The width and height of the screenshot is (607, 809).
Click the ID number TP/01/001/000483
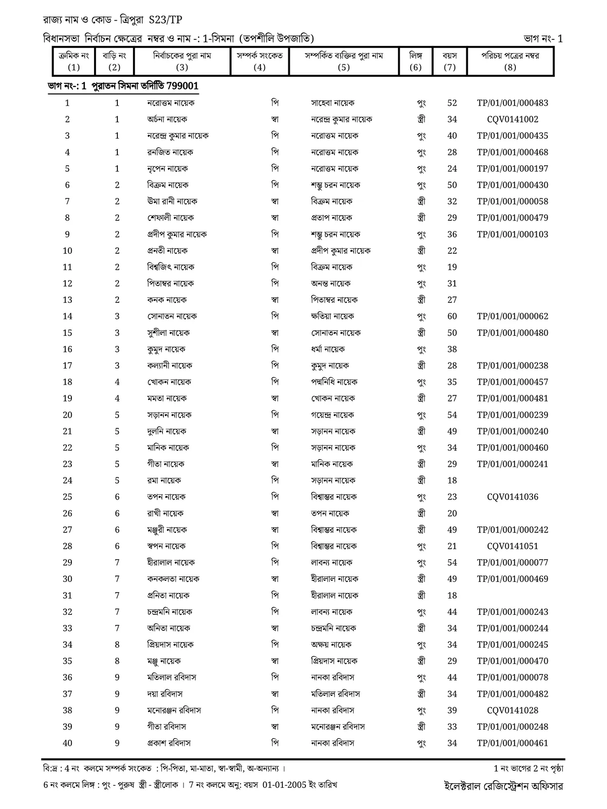pos(512,103)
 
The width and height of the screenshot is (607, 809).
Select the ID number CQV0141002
pos(512,119)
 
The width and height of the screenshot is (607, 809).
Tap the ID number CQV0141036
pos(512,497)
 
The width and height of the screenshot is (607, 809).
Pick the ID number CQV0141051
pos(512,546)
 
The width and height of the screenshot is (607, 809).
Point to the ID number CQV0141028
pos(512,710)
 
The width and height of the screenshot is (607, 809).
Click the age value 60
pos(452,317)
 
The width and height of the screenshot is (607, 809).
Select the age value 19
pos(452,267)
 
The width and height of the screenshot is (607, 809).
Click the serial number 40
pos(67,743)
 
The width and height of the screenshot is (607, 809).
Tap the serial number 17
pos(67,366)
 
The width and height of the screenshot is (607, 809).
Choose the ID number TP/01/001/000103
pos(512,235)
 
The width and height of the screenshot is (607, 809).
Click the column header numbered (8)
pos(510,67)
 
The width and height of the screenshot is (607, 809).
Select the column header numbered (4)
pos(259,67)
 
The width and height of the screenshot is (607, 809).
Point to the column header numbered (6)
pos(415,67)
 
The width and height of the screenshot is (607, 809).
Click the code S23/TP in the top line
pos(165,20)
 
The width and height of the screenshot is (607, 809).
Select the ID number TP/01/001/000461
pos(512,743)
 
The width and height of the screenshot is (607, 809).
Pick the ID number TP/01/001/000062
pos(512,317)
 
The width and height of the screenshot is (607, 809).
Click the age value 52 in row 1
pos(452,103)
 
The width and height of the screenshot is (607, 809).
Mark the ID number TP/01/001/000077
pos(512,563)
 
